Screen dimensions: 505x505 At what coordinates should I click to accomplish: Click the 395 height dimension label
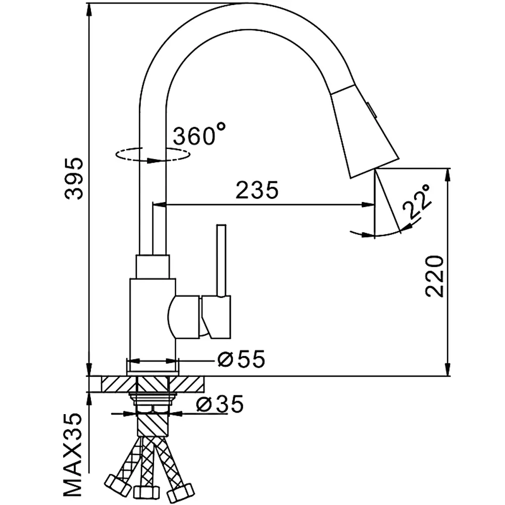(74, 179)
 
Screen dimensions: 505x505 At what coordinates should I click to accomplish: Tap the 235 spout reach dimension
(257, 190)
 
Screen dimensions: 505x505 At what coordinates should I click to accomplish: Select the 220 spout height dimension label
(434, 276)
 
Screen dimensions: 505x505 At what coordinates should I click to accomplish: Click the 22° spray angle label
(416, 201)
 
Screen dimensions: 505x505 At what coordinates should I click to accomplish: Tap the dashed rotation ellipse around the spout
(153, 154)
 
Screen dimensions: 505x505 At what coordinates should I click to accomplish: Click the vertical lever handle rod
(221, 260)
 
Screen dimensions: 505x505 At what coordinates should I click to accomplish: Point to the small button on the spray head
(371, 109)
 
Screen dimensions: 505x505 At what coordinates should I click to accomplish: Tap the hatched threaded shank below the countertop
(153, 425)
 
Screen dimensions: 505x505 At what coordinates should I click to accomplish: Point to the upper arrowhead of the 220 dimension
(447, 176)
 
